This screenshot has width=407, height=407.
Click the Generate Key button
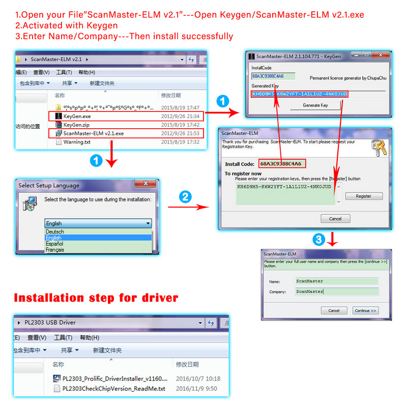coord(315,105)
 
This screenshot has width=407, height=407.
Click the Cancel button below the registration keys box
coord(335,219)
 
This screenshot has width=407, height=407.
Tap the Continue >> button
coord(365,310)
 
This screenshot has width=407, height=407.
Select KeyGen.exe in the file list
coord(77,117)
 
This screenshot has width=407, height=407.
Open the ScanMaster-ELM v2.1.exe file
coord(93,133)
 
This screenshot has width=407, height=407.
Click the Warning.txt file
coord(76,142)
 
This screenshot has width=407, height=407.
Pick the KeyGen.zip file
coord(76,125)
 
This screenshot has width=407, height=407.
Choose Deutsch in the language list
coord(55,231)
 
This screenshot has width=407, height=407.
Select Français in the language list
coord(55,250)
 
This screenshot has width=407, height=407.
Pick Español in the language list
coord(55,244)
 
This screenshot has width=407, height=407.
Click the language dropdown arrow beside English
coord(148,223)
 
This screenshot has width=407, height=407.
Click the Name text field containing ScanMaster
coord(336,281)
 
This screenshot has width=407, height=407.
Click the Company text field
coord(336,292)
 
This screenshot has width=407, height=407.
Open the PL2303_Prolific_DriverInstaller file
coord(110,379)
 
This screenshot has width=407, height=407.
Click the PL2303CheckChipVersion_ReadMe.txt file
coord(113,389)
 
